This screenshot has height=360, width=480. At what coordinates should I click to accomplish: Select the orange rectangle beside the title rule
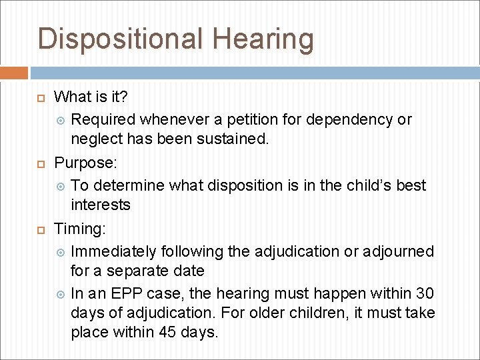point(14,73)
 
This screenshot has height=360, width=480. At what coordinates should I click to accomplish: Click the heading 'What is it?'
point(91,97)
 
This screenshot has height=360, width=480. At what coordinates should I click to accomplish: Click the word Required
point(103,119)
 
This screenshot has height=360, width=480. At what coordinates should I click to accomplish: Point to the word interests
point(101,205)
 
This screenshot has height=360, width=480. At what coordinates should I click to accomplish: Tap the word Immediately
point(113,251)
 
